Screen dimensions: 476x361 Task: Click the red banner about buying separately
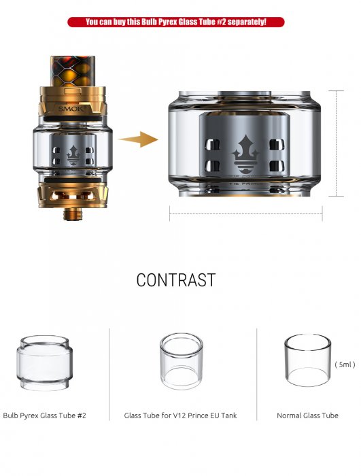point(175,22)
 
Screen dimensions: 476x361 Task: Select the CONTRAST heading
point(175,280)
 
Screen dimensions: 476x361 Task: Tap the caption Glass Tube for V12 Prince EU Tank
point(181,415)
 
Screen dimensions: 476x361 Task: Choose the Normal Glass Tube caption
point(307,415)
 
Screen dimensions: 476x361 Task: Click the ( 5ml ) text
point(345,364)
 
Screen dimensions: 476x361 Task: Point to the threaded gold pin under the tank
point(71,214)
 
